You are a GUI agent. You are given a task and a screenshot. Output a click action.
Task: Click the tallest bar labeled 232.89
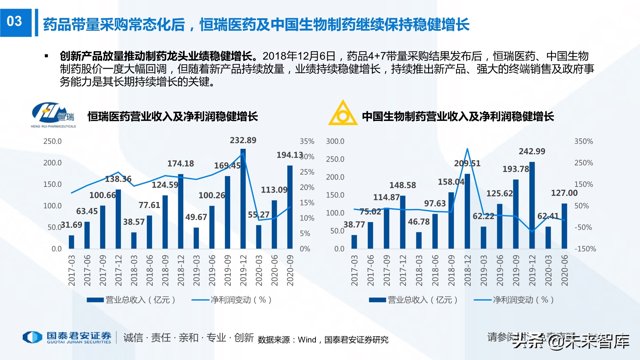243,198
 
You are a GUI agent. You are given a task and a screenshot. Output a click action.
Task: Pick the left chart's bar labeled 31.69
71,242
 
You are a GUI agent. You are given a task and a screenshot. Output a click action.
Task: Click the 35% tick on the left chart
307,141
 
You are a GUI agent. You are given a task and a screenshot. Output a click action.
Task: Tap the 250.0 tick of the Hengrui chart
52,141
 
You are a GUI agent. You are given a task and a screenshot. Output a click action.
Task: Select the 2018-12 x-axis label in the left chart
181,270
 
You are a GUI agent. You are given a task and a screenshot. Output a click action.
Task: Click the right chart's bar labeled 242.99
532,205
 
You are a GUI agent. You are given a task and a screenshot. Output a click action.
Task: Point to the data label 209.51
467,164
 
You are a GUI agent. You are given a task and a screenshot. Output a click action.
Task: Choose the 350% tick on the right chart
583,141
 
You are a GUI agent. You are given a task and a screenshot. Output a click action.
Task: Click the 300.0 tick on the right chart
335,141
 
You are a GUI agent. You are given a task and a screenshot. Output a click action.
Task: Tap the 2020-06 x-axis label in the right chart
564,270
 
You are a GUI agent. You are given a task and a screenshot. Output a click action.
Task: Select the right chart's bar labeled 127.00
564,226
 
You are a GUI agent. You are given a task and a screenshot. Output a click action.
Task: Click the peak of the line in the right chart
467,149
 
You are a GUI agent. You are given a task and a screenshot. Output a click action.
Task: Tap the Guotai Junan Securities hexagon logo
32,337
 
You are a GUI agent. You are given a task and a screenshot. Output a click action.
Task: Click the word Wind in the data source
307,340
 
